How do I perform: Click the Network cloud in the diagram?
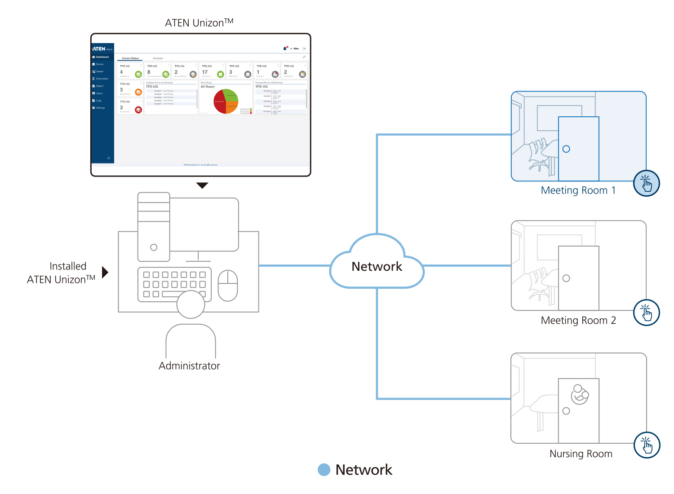tap(377, 265)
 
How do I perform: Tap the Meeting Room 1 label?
tap(578, 190)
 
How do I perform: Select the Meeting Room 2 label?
tap(578, 320)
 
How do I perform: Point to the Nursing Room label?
tap(581, 454)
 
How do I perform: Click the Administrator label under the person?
tap(189, 366)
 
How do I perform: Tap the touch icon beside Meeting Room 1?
tap(647, 183)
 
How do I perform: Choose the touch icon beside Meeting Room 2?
tap(647, 313)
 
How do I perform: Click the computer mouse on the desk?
tap(228, 285)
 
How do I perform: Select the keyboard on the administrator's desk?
tap(174, 284)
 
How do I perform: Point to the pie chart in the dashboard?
tap(226, 101)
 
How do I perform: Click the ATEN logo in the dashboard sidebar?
tap(99, 49)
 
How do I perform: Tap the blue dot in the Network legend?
tap(324, 470)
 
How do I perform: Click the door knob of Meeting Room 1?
tap(566, 149)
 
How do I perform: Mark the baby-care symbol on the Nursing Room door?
tap(580, 394)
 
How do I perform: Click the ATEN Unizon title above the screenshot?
tap(199, 22)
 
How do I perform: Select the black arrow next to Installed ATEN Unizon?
tap(105, 272)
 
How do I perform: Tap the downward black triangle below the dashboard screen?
tap(203, 185)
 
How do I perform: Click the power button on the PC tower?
tap(154, 247)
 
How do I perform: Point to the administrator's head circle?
tap(191, 304)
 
